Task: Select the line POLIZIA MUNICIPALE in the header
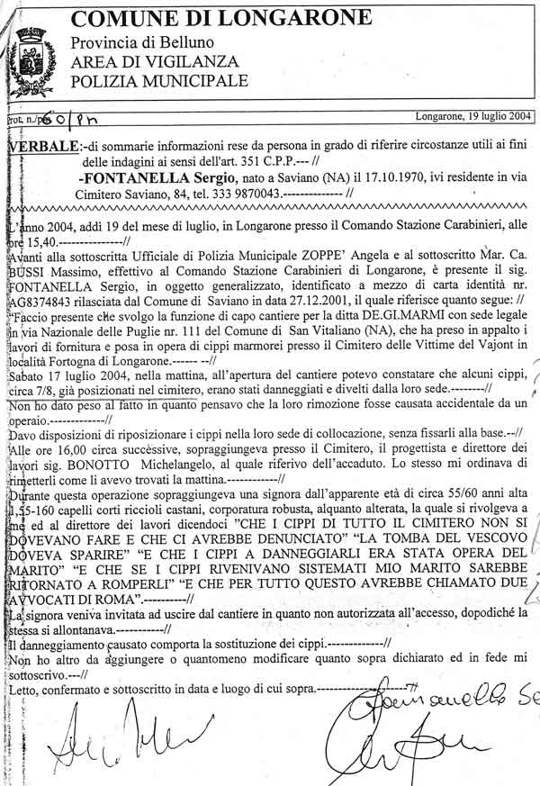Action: click(158, 81)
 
